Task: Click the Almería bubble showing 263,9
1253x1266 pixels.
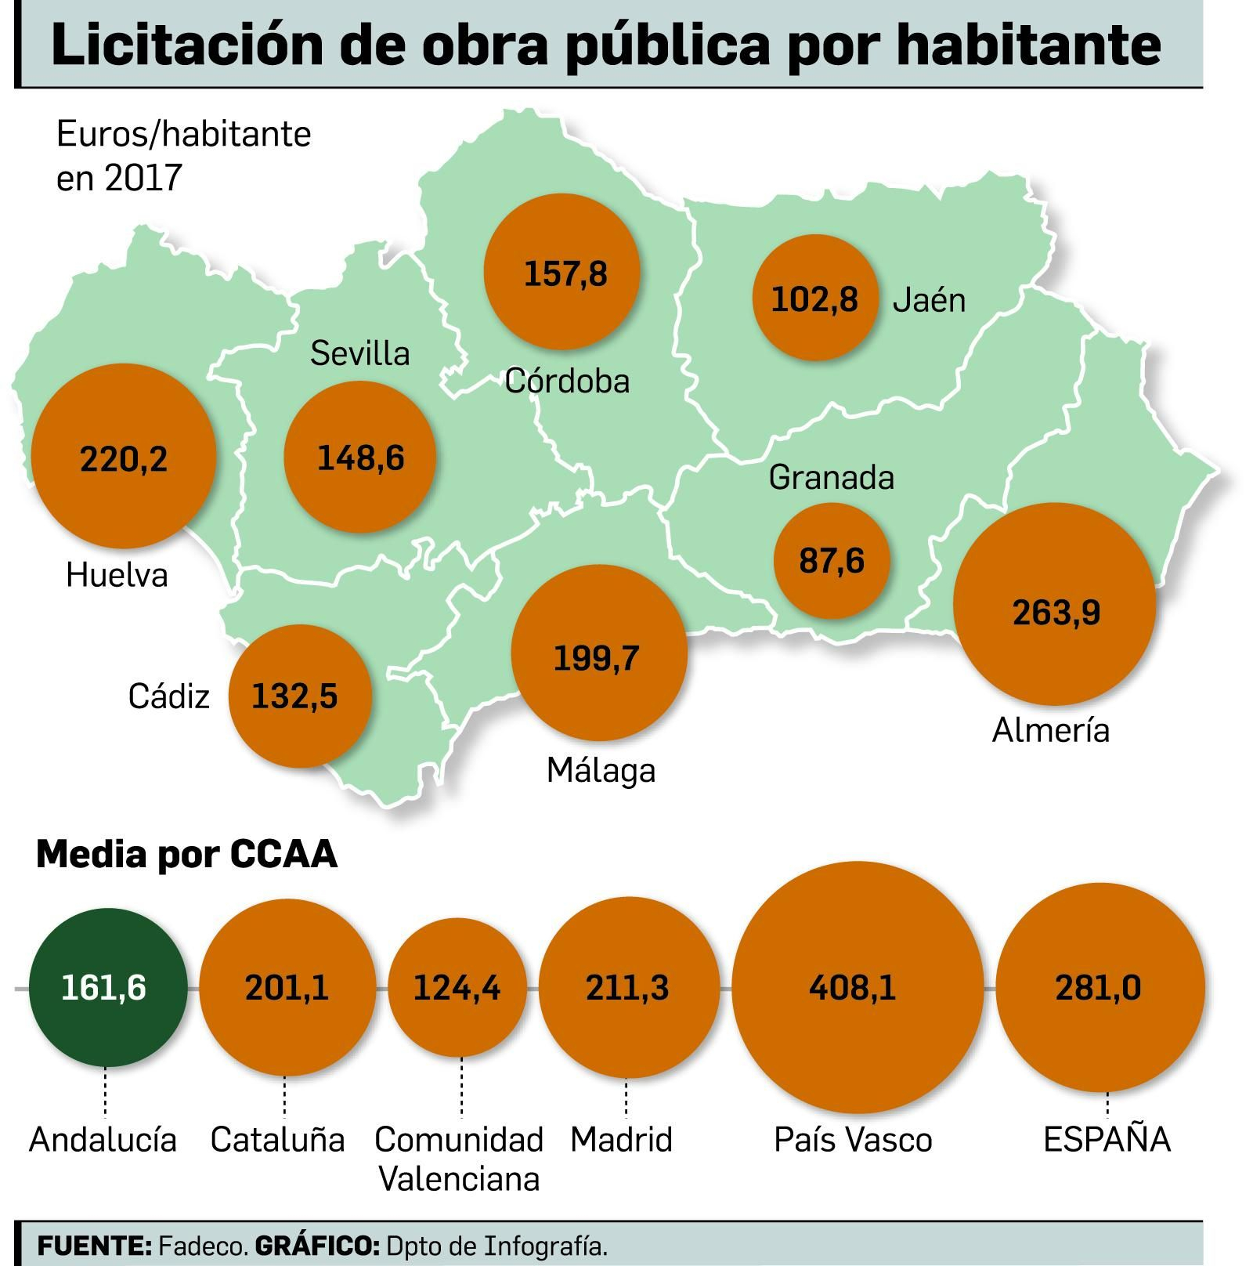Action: tap(1054, 603)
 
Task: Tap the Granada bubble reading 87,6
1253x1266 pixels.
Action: tap(832, 561)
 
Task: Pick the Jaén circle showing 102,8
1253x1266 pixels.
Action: tap(814, 298)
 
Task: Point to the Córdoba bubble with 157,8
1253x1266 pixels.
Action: tap(562, 272)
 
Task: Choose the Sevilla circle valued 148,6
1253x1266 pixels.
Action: tap(359, 457)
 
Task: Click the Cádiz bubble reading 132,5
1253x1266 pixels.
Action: tap(300, 696)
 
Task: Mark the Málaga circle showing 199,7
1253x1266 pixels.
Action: tap(599, 653)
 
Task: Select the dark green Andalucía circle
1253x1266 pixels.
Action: tap(107, 988)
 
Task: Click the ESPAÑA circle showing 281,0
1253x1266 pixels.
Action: tap(1100, 986)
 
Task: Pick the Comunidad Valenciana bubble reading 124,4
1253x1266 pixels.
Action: tap(458, 986)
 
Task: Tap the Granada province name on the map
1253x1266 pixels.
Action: tap(831, 477)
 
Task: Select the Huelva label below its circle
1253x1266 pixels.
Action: tap(117, 575)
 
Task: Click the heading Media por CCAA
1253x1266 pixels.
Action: tap(186, 854)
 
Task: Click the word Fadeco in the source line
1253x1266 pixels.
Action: tap(203, 1245)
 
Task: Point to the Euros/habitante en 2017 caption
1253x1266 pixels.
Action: tap(183, 155)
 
